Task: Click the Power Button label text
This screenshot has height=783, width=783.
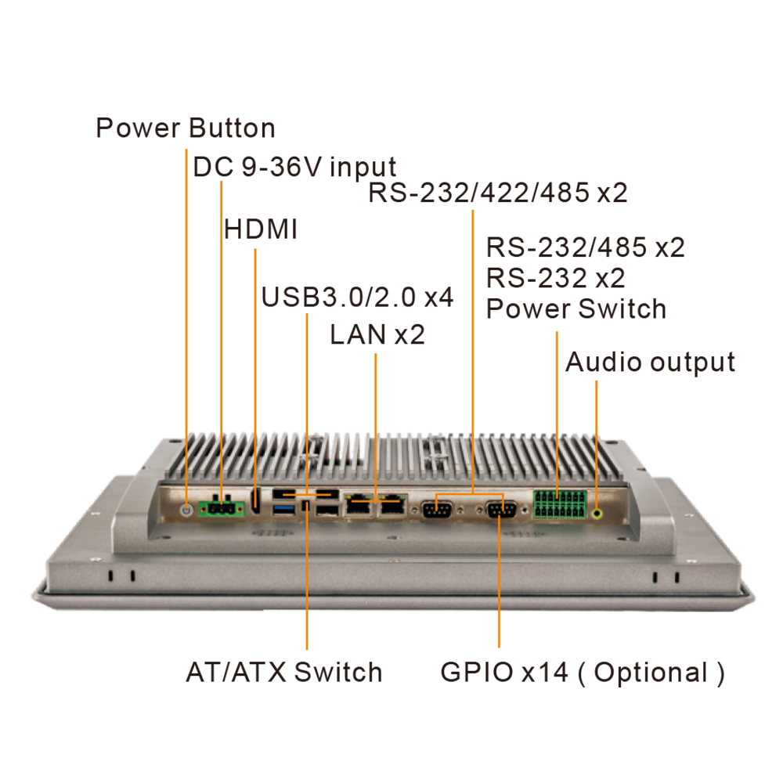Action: tap(185, 128)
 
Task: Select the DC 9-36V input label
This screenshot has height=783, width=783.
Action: tap(294, 167)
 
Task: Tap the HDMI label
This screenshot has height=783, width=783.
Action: tap(261, 229)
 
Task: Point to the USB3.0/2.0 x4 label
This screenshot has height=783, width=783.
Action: tap(357, 298)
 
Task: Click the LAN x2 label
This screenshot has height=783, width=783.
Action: tap(377, 335)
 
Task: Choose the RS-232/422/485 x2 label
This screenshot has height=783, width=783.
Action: tap(498, 193)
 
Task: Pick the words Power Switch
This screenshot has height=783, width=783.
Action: tap(576, 309)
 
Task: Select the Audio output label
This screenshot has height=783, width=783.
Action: tap(650, 362)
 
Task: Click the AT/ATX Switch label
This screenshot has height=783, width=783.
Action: tap(284, 672)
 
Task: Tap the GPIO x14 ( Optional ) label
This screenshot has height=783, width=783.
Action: tap(582, 672)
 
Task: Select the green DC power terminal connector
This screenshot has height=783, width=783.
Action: tap(222, 510)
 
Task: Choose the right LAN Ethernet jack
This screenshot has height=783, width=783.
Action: tap(392, 507)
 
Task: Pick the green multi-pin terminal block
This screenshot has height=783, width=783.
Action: tap(559, 505)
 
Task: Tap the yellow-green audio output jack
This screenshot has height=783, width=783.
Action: tap(598, 514)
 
